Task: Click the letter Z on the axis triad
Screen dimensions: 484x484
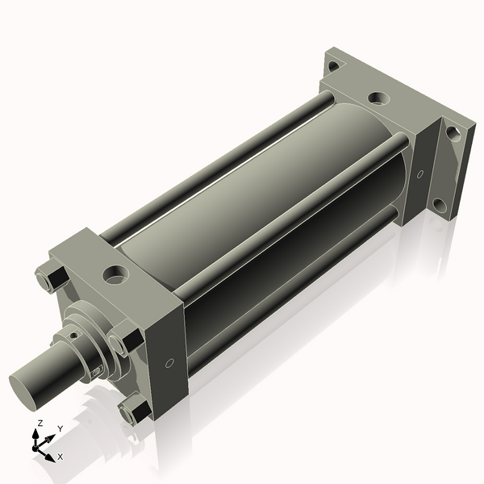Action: click(40, 423)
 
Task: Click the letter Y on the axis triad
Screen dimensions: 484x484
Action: click(60, 428)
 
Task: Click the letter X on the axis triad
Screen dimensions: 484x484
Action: click(60, 457)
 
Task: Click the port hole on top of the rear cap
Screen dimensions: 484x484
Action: click(378, 99)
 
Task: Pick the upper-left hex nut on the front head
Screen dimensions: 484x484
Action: click(54, 275)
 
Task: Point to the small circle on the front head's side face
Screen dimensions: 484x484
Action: click(169, 363)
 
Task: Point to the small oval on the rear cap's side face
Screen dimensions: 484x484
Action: click(419, 173)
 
